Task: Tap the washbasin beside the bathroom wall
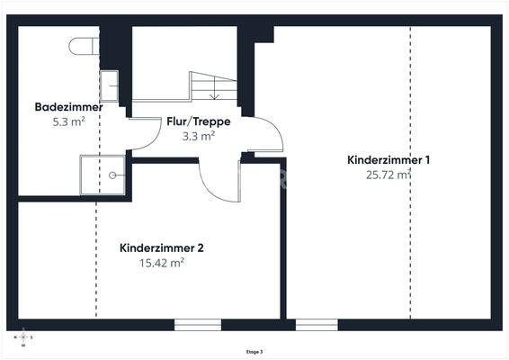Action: [x=109, y=85]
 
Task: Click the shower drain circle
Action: [x=114, y=176]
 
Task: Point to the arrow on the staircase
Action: [x=214, y=91]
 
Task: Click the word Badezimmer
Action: [x=68, y=107]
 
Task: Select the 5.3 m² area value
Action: [x=68, y=121]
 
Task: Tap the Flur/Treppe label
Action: [x=198, y=121]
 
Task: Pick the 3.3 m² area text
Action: [x=198, y=136]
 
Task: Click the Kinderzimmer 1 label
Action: [x=388, y=160]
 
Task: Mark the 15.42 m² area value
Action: [x=162, y=263]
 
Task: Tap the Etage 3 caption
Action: [x=254, y=352]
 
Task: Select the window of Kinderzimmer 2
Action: [x=198, y=324]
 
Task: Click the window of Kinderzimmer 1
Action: [x=317, y=324]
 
